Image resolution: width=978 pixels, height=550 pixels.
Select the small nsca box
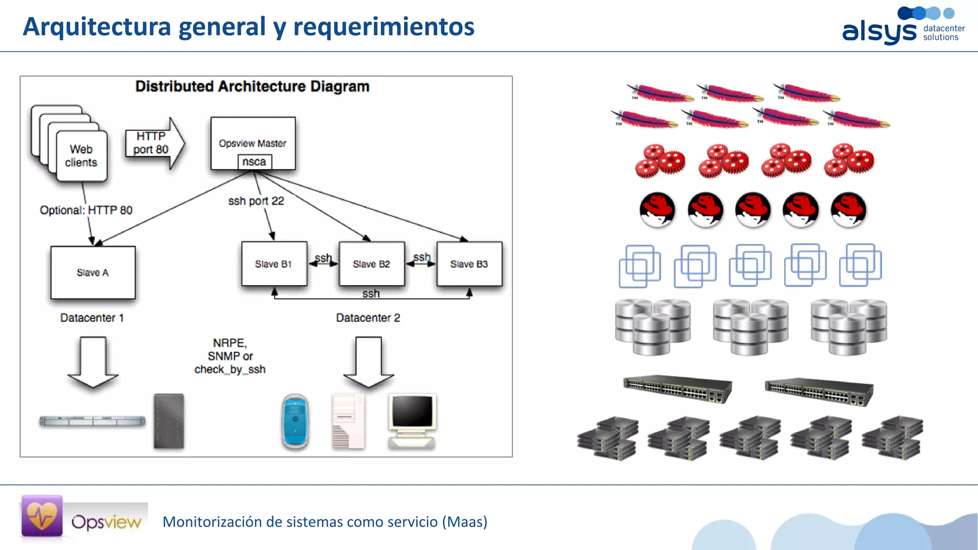255,162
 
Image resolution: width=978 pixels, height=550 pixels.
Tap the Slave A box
93,273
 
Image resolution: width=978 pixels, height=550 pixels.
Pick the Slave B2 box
372,264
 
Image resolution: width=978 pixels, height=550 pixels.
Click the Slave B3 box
469,264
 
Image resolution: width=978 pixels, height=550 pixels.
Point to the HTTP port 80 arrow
154,143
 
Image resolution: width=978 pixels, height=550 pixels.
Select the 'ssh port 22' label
256,201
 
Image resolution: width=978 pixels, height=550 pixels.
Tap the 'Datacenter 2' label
368,318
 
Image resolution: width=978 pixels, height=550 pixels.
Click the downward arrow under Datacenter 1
93,361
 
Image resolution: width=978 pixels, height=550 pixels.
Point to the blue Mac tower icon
295,422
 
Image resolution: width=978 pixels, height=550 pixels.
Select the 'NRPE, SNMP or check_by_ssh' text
230,356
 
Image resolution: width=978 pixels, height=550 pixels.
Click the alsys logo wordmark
879,32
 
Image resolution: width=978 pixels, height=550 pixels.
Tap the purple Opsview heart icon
42,516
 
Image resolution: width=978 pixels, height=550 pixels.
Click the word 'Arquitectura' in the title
97,26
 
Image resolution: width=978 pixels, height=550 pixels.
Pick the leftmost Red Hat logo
657,210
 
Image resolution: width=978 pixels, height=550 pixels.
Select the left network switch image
677,389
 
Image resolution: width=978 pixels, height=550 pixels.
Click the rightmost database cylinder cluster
849,327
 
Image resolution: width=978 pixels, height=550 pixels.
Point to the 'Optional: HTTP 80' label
86,210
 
